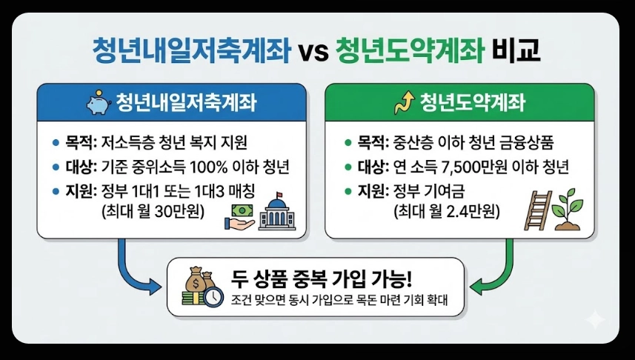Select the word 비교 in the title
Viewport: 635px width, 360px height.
516,51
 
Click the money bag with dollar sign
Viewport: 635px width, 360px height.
201,281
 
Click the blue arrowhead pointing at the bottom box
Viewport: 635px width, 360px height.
155,284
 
